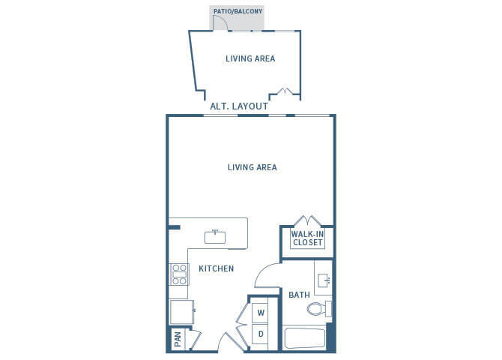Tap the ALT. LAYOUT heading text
coord(240,106)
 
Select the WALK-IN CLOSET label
coord(306,238)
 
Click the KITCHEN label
coord(216,268)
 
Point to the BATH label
coord(299,295)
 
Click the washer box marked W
coord(261,312)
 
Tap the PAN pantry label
coord(178,340)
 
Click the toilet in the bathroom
coord(321,308)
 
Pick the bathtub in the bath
coord(305,338)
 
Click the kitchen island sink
coord(215,236)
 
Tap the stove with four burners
coord(179,275)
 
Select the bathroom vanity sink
coord(324,280)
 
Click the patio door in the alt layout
coord(220,22)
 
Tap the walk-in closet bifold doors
coord(307,221)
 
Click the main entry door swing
coord(227,342)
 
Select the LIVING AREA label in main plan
coord(252,167)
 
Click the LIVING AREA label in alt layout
coord(250,58)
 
